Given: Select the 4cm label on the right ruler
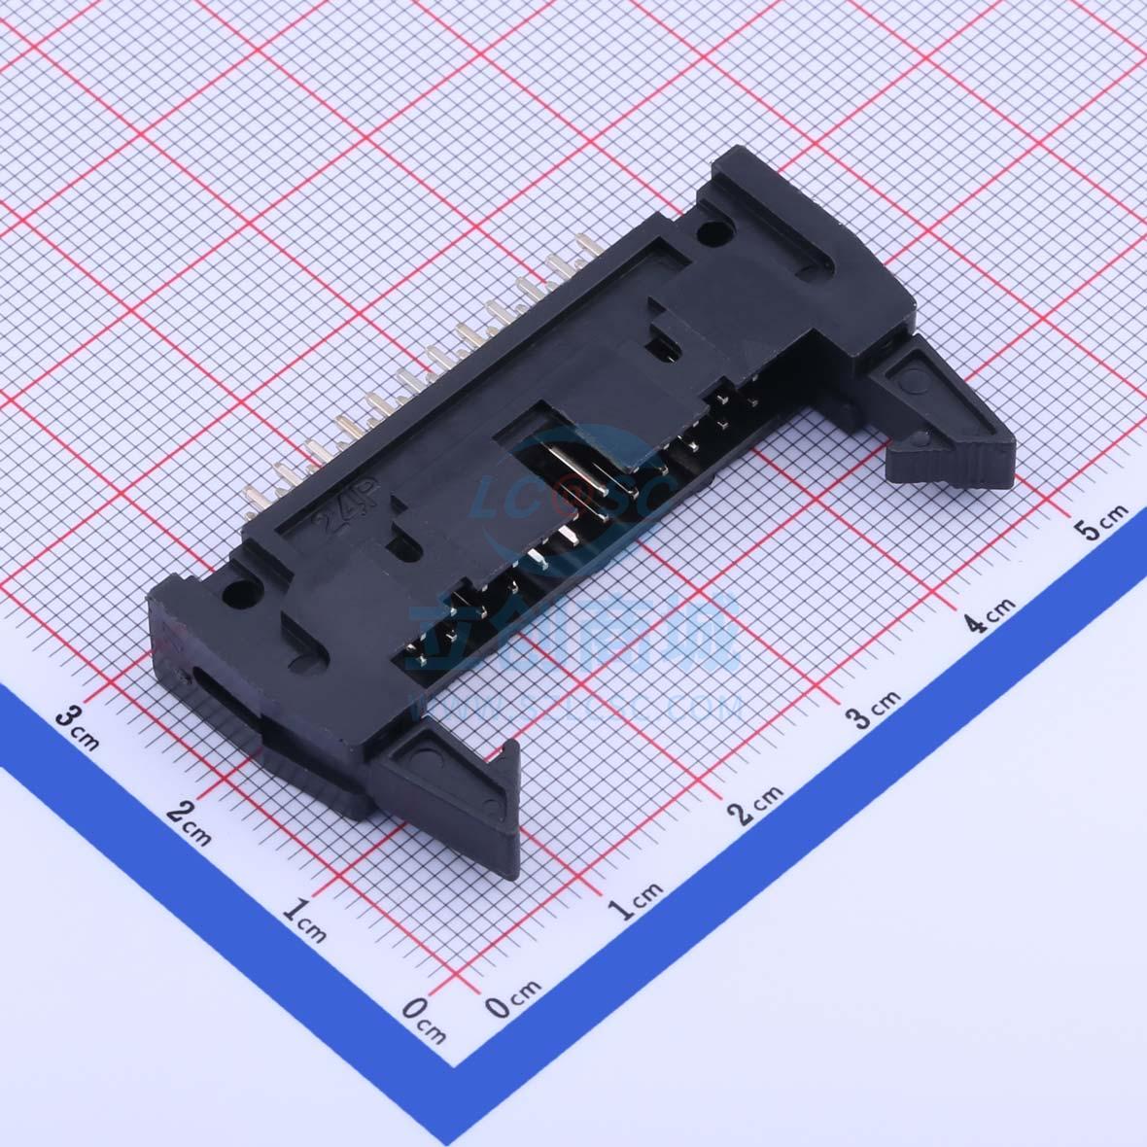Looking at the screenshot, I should coord(990,614).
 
